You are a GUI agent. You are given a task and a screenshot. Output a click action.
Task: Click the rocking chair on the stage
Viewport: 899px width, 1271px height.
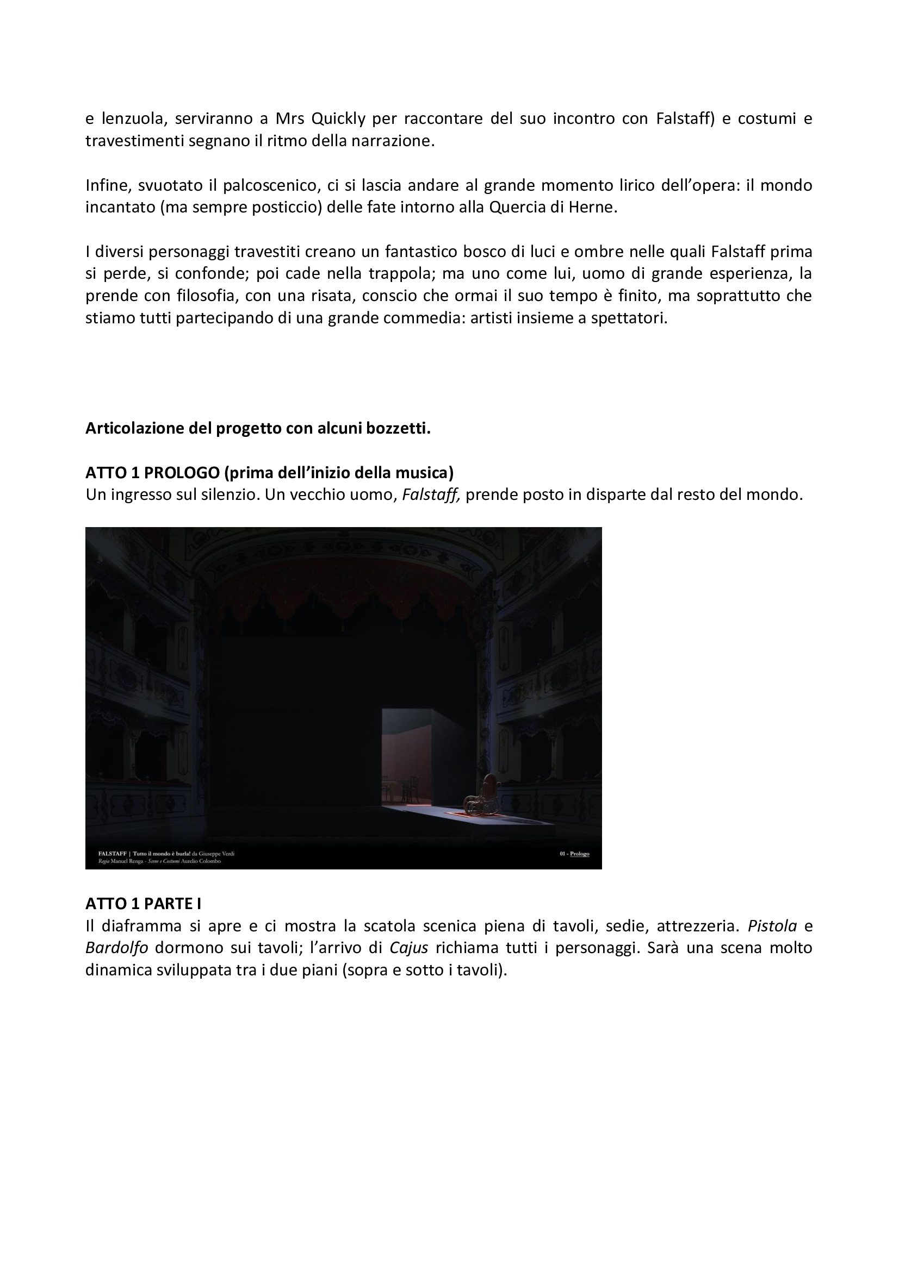(482, 796)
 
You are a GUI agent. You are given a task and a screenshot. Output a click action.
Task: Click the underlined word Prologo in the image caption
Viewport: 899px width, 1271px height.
(579, 854)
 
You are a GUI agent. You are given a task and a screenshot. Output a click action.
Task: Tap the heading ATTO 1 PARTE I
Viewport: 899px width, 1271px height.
(143, 904)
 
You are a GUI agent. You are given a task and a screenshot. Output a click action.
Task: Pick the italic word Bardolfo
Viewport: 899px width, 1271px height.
(116, 948)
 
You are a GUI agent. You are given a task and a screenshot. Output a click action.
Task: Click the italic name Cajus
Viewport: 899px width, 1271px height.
(409, 948)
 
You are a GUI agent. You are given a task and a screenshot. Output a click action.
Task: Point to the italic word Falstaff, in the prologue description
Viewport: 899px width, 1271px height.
(431, 494)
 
